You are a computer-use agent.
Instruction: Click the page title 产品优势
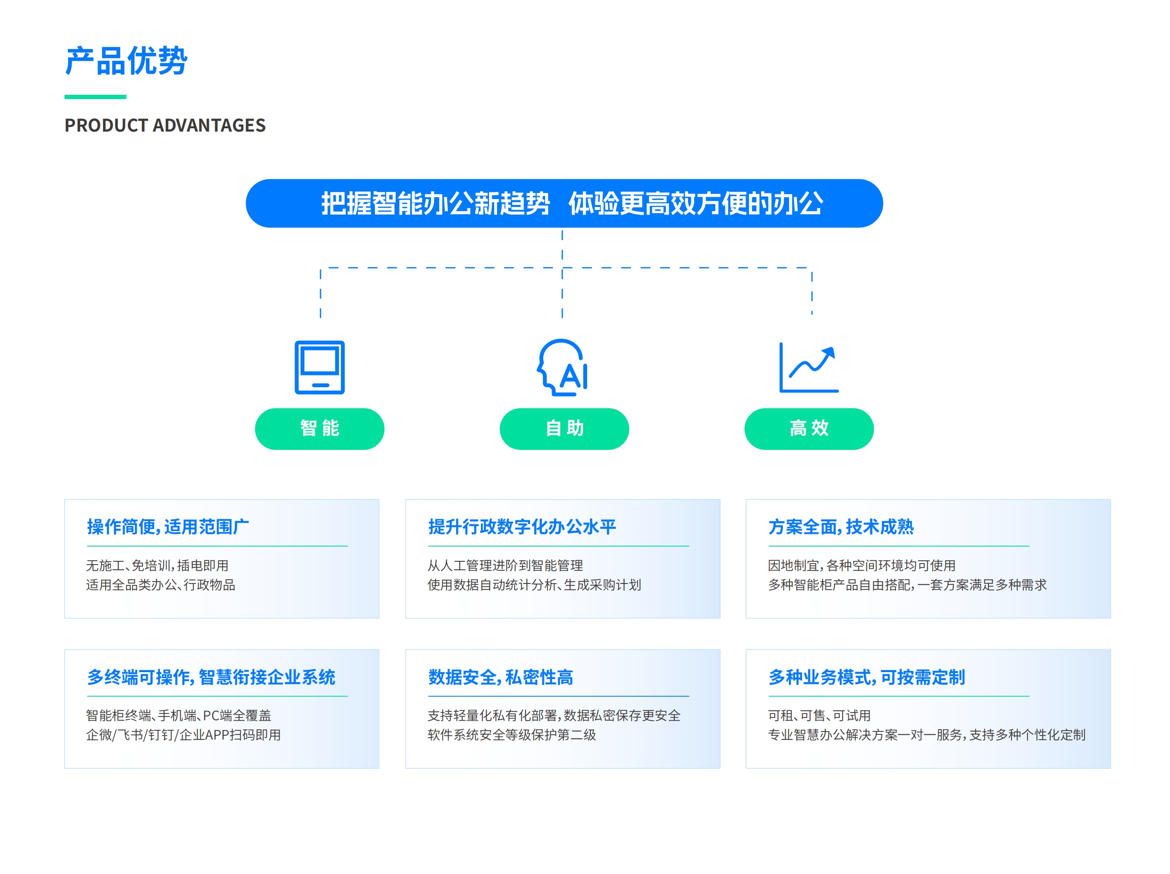pos(126,60)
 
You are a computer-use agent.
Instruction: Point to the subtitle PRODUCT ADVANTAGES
pos(165,125)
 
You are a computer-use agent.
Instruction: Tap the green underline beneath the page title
pos(95,97)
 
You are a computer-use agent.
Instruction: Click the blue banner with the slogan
pos(564,203)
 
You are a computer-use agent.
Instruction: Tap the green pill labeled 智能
pos(319,429)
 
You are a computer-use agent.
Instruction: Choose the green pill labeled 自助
pos(564,429)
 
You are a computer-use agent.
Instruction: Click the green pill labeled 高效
pos(809,429)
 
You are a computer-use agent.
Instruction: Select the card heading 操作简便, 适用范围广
pos(168,527)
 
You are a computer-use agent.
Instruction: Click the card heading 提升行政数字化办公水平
pos(522,527)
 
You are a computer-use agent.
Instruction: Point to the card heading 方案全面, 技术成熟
pos(841,527)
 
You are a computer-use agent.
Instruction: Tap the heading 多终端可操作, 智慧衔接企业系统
pos(211,677)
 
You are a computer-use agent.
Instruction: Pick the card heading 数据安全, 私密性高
pos(500,677)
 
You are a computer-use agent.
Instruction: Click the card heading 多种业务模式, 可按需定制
pos(867,677)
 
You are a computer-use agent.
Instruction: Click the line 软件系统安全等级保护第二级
pos(512,735)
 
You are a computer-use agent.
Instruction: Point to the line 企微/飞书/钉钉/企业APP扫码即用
pos(183,735)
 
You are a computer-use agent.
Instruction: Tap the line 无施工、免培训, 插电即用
pos(157,566)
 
